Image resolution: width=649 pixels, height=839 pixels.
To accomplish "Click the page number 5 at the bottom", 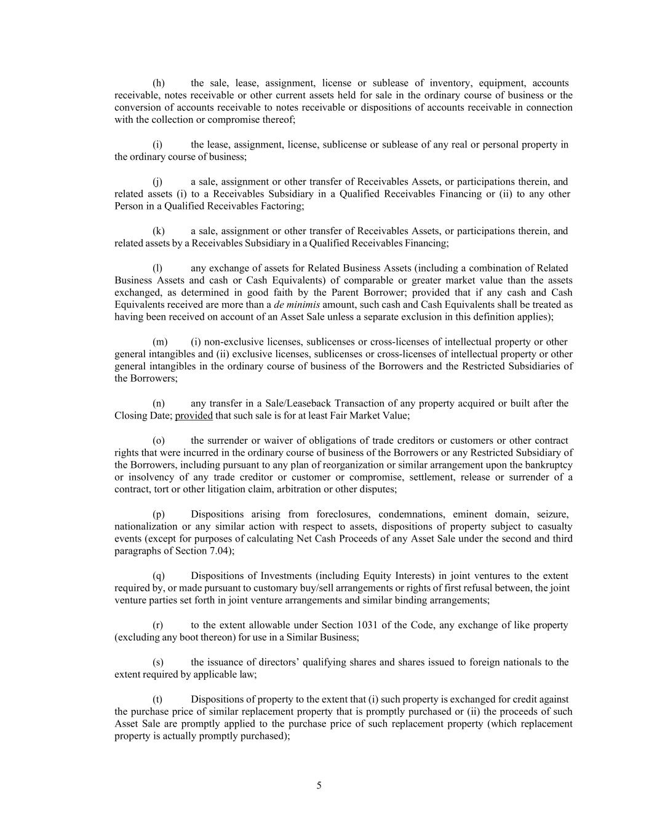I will click(x=319, y=785).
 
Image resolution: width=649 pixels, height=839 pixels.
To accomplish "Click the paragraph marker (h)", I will click(x=158, y=83).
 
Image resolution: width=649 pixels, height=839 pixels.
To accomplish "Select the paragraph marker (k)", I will click(x=158, y=231).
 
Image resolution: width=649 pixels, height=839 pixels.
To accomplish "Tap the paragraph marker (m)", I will click(x=159, y=342).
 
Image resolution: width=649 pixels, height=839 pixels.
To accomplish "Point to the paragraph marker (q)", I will click(x=158, y=576).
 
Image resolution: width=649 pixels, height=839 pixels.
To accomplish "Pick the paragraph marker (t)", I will click(x=157, y=699).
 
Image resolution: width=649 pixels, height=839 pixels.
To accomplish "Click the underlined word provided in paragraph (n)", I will click(x=194, y=416).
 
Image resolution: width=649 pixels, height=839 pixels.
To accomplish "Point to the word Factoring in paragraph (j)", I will click(x=282, y=206).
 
